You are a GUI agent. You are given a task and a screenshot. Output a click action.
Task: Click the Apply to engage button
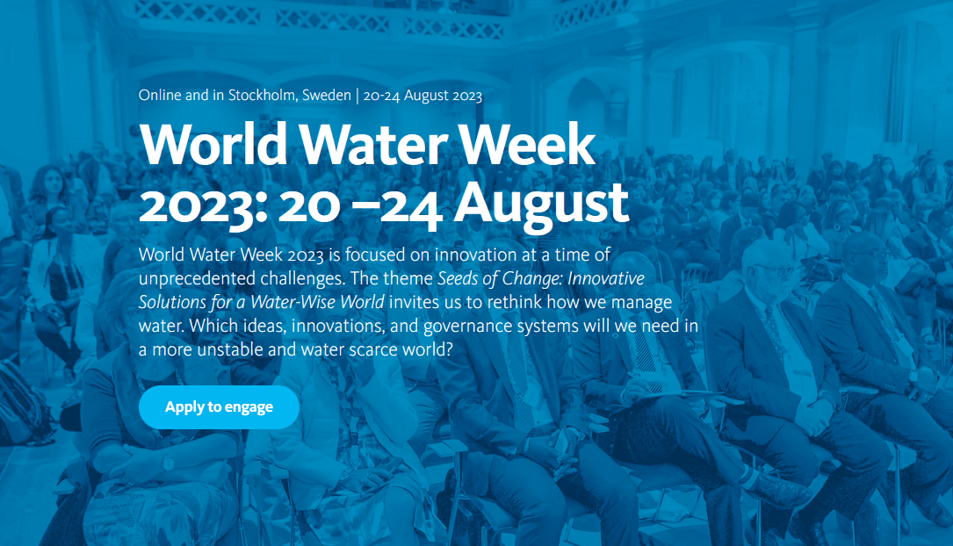(219, 407)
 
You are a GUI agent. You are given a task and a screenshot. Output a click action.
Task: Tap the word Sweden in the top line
(326, 96)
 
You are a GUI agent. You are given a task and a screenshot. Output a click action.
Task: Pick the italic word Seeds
(459, 278)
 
